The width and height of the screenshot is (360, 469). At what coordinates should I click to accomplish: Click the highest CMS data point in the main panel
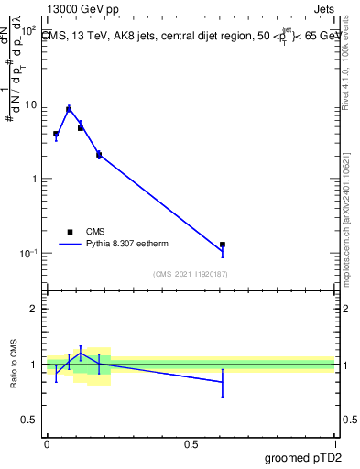69,109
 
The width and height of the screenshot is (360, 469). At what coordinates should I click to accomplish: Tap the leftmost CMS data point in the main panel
56,134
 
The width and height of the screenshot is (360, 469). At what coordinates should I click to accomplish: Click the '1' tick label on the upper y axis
34,179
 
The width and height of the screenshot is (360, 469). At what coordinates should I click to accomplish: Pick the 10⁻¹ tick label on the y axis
27,253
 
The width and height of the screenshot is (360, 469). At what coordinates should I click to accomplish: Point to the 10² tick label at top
27,30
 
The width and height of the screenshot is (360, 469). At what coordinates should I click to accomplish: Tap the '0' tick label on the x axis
47,444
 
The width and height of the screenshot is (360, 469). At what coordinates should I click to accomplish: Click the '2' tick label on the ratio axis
34,309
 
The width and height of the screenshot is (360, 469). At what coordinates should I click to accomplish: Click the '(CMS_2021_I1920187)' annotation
191,274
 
